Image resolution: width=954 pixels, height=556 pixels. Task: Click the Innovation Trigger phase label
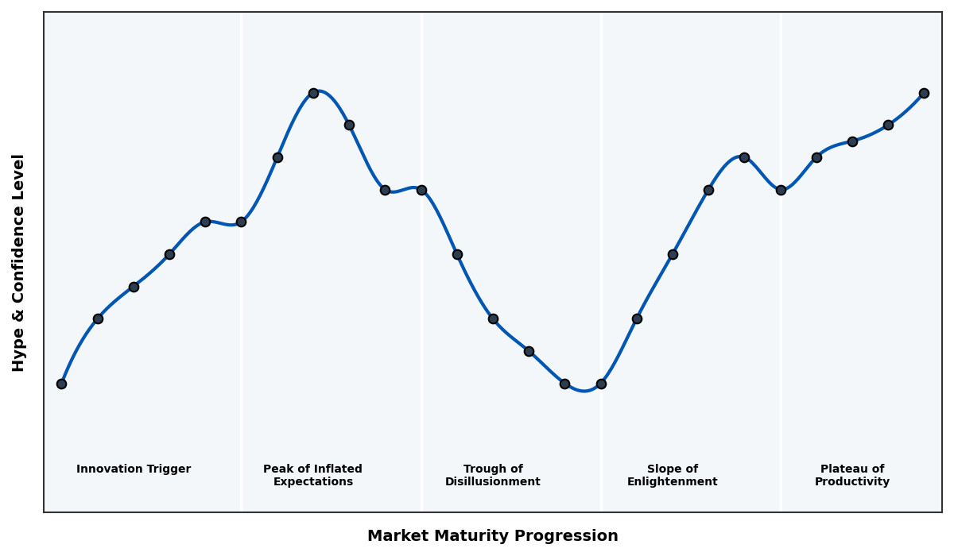pos(134,469)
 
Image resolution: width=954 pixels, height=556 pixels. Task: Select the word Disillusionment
pos(492,482)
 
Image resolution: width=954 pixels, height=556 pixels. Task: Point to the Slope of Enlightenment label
pos(672,476)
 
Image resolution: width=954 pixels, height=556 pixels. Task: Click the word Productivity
pos(851,482)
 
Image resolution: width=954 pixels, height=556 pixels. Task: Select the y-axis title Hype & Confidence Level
pos(19,262)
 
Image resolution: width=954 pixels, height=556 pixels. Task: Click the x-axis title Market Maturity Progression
pos(492,536)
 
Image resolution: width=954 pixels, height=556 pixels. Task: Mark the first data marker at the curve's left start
pos(61,384)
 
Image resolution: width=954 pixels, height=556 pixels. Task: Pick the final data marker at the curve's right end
pos(924,93)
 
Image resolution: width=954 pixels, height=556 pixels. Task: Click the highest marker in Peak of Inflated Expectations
pos(313,93)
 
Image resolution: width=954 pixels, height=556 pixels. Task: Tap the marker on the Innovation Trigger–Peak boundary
pos(241,222)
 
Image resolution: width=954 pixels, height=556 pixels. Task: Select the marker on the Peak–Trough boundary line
pos(421,190)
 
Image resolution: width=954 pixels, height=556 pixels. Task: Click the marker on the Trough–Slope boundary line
pos(601,384)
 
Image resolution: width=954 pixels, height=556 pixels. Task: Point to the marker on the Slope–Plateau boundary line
pos(781,190)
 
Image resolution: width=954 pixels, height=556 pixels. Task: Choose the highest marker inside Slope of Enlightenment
pos(744,157)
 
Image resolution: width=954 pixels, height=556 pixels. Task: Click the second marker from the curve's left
pos(98,319)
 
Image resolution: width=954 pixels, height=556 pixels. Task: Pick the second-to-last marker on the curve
pos(888,125)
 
